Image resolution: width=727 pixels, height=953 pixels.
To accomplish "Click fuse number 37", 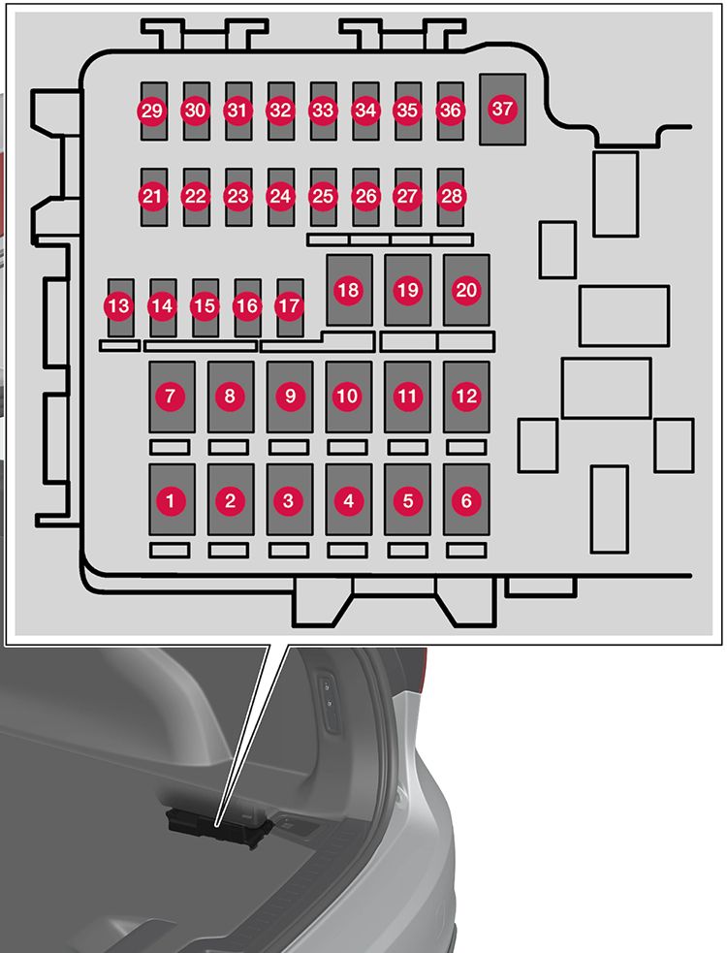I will pyautogui.click(x=502, y=110).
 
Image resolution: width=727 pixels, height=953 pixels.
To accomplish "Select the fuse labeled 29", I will pyautogui.click(x=152, y=111).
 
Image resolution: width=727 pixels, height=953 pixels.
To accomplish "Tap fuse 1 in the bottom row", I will pyautogui.click(x=172, y=500).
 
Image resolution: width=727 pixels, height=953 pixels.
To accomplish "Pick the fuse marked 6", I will pyautogui.click(x=466, y=500).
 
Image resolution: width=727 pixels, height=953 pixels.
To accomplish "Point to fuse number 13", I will pyautogui.click(x=119, y=306).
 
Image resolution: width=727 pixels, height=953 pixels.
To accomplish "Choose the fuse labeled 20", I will pyautogui.click(x=466, y=290).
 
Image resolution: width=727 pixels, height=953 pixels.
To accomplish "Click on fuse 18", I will pyautogui.click(x=348, y=290).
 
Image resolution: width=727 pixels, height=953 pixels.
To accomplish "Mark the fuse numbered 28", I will pyautogui.click(x=451, y=196).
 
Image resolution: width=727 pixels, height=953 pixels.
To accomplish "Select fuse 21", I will pyautogui.click(x=152, y=196).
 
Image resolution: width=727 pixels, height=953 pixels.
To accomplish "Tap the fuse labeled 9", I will pyautogui.click(x=289, y=396).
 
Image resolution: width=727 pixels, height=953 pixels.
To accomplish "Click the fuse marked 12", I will pyautogui.click(x=466, y=396).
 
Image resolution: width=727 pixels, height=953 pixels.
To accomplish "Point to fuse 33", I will pyautogui.click(x=322, y=111).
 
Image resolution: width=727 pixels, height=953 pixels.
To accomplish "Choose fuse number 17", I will pyautogui.click(x=289, y=306).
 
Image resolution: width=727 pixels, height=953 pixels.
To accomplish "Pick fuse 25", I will pyautogui.click(x=322, y=196).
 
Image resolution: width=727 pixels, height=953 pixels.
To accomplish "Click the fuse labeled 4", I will pyautogui.click(x=348, y=500).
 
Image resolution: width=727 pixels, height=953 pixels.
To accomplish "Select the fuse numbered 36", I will pyautogui.click(x=451, y=111).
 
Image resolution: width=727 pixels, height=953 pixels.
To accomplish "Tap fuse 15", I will pyautogui.click(x=205, y=306).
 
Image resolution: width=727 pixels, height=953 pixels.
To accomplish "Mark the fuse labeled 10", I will pyautogui.click(x=348, y=396).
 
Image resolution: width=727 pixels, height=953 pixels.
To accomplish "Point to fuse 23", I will pyautogui.click(x=237, y=196).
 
